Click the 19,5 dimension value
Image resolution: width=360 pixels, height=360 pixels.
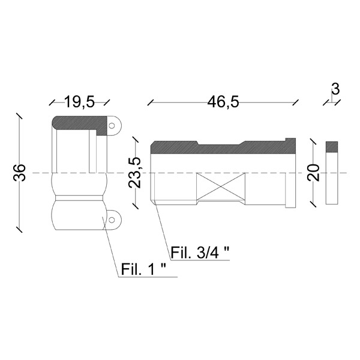(79, 102)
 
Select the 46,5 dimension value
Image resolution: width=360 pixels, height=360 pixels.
(223, 102)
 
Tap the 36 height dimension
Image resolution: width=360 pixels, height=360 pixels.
(20, 172)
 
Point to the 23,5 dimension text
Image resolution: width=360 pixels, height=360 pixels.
(135, 173)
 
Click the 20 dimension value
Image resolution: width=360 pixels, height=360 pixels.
(314, 172)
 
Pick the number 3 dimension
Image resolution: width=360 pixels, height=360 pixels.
(335, 89)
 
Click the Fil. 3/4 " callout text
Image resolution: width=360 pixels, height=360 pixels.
(200, 253)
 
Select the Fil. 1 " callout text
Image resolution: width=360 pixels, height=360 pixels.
(143, 269)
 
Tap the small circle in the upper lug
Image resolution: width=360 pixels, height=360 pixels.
(112, 125)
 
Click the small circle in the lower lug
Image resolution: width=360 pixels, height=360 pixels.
(112, 220)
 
